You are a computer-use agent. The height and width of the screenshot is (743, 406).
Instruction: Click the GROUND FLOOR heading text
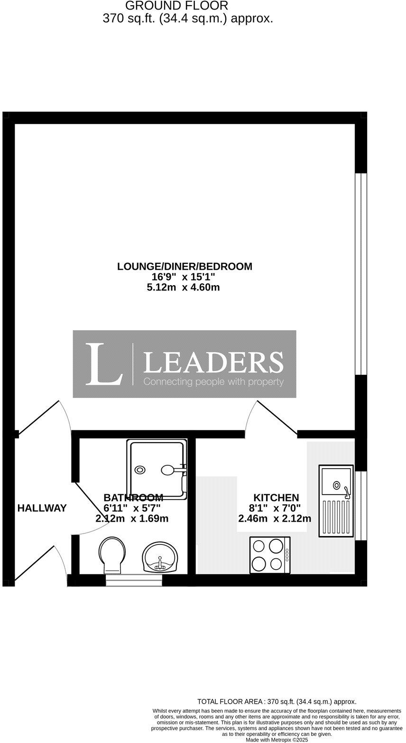click(176, 6)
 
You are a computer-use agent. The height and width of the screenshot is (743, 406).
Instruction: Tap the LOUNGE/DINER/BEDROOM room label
click(185, 266)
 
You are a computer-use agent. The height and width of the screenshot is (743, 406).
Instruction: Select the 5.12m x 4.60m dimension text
click(183, 287)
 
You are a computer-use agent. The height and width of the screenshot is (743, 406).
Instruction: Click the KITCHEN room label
click(276, 498)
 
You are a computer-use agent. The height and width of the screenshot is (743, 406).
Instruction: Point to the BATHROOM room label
click(133, 498)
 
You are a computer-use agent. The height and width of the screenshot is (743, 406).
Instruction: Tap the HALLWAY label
click(42, 508)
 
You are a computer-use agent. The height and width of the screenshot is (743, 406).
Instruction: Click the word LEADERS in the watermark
click(213, 362)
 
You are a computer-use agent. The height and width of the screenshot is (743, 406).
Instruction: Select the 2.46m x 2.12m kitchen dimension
click(275, 518)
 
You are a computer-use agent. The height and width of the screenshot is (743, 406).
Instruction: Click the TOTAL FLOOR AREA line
click(277, 701)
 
